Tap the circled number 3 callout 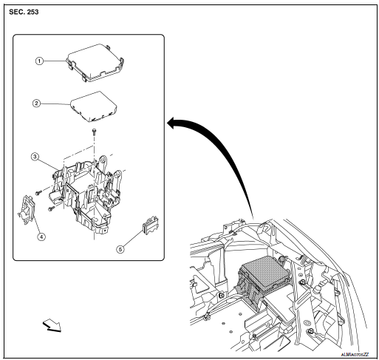click(35, 156)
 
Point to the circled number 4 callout click(41, 237)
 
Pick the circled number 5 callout click(123, 249)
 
